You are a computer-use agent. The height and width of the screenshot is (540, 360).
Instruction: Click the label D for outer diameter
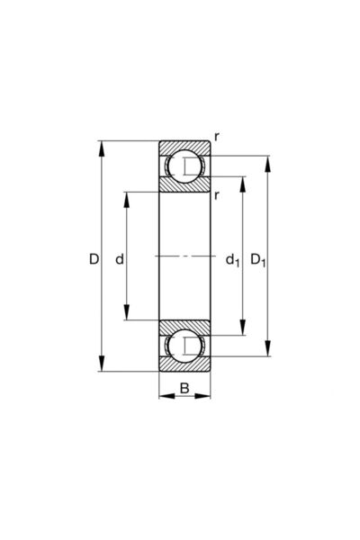[x=94, y=260]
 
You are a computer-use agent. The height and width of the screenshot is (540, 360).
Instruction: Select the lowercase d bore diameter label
[x=119, y=260]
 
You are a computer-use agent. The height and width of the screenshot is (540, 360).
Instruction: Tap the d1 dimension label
[x=231, y=261]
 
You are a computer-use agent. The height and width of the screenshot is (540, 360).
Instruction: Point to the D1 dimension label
[x=257, y=261]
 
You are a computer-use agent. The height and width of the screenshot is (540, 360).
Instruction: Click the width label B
[x=184, y=389]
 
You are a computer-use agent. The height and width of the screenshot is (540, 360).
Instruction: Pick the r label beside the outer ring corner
[x=217, y=137]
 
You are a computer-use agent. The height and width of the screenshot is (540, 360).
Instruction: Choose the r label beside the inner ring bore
[x=217, y=193]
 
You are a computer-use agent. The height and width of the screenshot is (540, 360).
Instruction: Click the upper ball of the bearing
[x=185, y=166]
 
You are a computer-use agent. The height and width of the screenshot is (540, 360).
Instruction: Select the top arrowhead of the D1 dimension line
[x=267, y=163]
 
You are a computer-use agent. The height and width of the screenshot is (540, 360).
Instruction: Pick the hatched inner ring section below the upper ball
[x=184, y=185]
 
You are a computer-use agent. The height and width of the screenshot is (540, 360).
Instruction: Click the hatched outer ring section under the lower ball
[x=184, y=364]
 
